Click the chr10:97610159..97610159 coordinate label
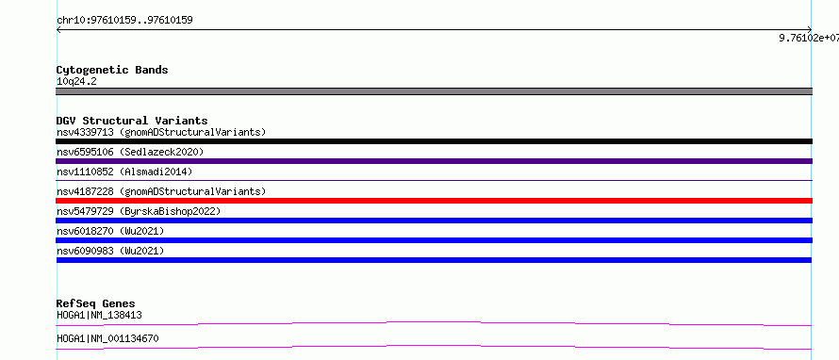coord(124,21)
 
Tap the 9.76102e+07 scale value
coord(809,38)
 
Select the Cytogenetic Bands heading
coord(112,70)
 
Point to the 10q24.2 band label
coord(76,82)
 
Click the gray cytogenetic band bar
coord(434,91)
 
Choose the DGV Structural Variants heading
coord(132,121)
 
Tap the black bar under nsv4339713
coord(434,141)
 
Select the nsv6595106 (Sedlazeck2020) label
coord(130,152)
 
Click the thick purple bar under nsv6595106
coord(434,161)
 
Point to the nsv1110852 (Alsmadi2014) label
coord(124,172)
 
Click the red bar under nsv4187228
coord(434,201)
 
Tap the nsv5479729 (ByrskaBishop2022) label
coord(139,211)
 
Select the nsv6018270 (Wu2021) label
coord(110,231)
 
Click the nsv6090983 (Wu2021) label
coord(110,251)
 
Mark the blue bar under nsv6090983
coord(434,260)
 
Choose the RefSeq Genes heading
coord(96,303)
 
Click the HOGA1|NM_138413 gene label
coord(99,316)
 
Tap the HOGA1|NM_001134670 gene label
coord(107,338)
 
